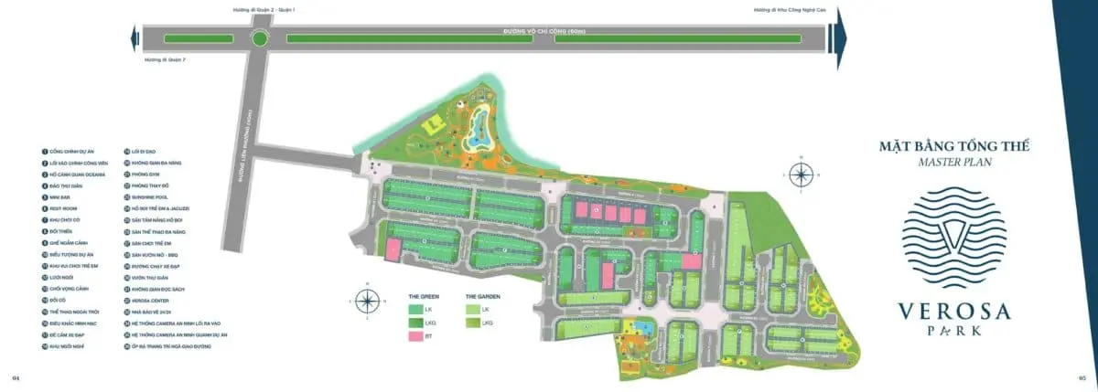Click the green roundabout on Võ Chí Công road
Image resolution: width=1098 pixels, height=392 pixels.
pos(261,39)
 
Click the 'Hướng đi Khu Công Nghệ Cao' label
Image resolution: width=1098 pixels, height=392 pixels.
pos(784,10)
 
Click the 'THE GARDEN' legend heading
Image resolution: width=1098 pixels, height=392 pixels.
pos(482,296)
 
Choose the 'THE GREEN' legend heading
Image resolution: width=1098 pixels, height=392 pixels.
pos(424,296)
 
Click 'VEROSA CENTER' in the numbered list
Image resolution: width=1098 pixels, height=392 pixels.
pos(150,301)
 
